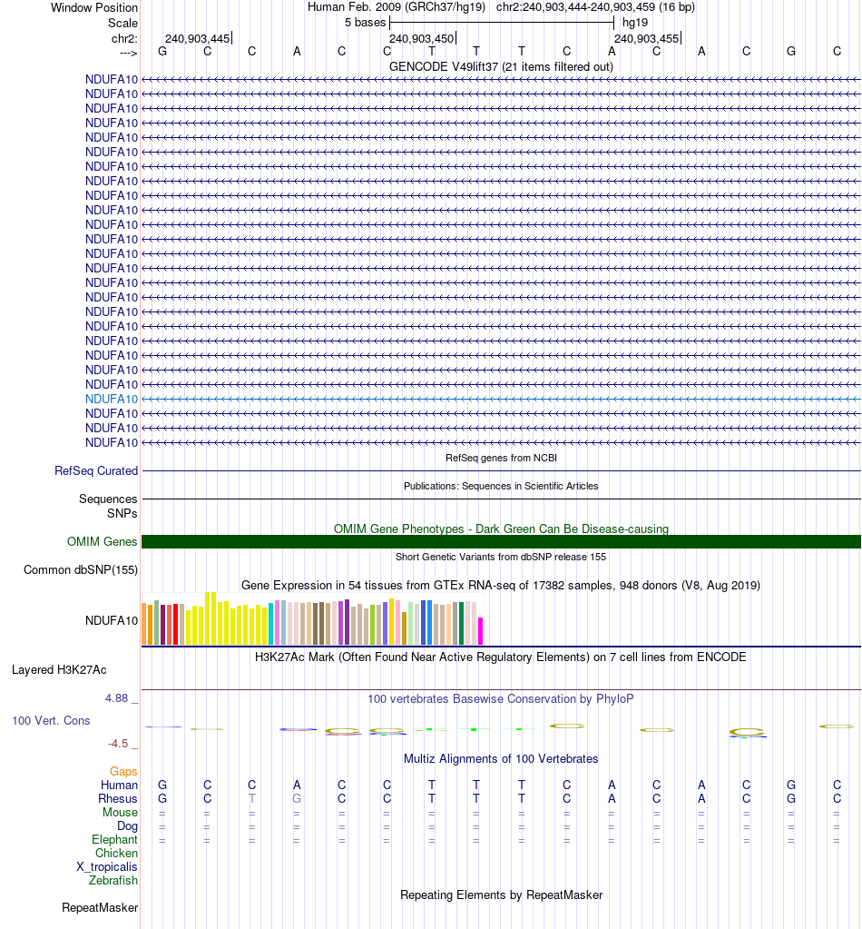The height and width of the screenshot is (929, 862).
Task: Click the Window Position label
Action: pyautogui.click(x=94, y=7)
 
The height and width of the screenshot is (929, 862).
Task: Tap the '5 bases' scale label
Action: pyautogui.click(x=365, y=22)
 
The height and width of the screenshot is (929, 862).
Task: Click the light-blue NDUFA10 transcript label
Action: pyautogui.click(x=112, y=399)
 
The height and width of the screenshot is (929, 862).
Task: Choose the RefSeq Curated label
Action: pyautogui.click(x=96, y=471)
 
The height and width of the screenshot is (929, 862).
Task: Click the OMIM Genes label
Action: pyautogui.click(x=103, y=542)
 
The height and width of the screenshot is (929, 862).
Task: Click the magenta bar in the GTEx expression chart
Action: pyautogui.click(x=481, y=630)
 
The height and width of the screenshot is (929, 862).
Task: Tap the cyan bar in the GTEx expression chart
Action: pyautogui.click(x=271, y=624)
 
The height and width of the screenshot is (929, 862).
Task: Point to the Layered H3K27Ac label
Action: pyautogui.click(x=59, y=670)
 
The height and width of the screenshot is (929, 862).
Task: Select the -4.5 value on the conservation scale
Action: pyautogui.click(x=121, y=743)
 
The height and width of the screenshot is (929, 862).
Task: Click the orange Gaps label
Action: pyautogui.click(x=123, y=771)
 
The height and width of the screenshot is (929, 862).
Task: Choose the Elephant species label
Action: pyautogui.click(x=114, y=840)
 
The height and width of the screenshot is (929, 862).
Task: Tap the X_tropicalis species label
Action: pyautogui.click(x=107, y=867)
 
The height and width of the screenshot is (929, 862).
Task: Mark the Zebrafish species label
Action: pyautogui.click(x=113, y=881)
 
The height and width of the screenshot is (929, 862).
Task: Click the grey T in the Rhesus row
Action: pyautogui.click(x=252, y=798)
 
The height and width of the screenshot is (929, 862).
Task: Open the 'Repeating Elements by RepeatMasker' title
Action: pyautogui.click(x=501, y=895)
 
